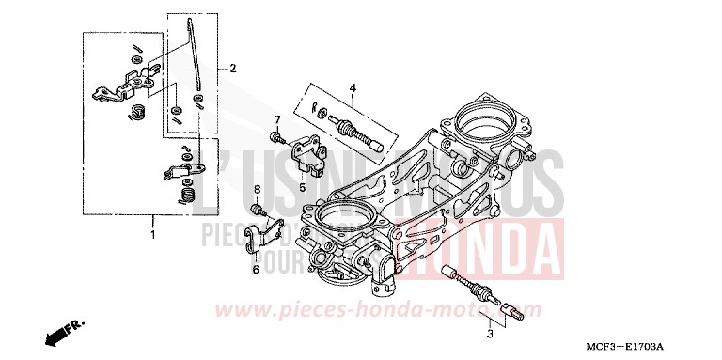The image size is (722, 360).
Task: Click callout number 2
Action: (x=232, y=68)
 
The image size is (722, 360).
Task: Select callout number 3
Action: (x=491, y=334)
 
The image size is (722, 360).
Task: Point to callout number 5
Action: (x=304, y=187)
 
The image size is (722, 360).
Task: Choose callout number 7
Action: (x=278, y=120)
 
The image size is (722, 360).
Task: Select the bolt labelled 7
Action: (x=275, y=137)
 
